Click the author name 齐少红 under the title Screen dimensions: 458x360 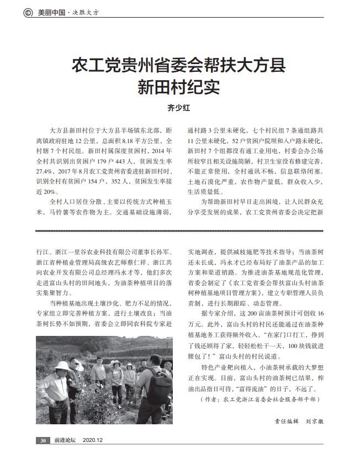179,108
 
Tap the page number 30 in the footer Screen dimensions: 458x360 43,440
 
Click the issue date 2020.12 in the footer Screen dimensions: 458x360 93,440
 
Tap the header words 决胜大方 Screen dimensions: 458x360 84,12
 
